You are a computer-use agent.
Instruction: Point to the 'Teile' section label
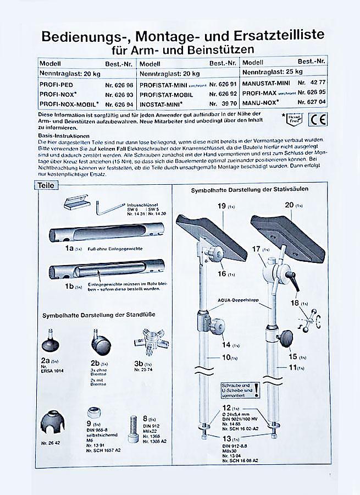[x=46, y=186]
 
